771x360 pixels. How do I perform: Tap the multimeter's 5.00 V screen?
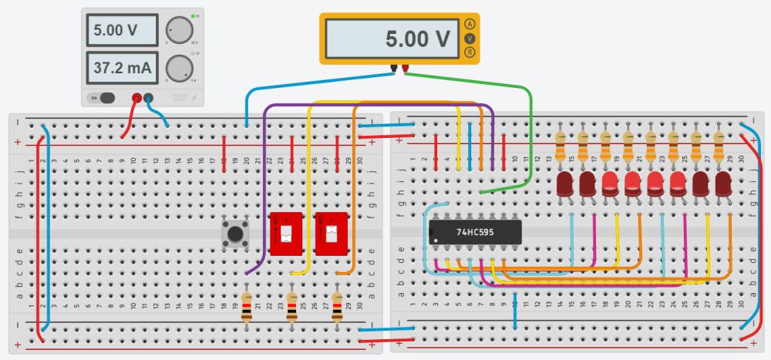(x=392, y=39)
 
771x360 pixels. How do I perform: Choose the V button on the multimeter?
(x=470, y=39)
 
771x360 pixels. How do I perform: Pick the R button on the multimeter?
(x=470, y=52)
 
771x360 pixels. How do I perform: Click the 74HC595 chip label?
(x=476, y=231)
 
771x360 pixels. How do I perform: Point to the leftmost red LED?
(x=564, y=183)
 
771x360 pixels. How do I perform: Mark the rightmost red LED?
(x=723, y=183)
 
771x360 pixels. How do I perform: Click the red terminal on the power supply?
(x=137, y=98)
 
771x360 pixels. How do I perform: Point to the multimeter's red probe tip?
(x=405, y=68)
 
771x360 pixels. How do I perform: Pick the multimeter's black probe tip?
(x=393, y=68)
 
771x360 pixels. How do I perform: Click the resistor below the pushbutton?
(x=246, y=306)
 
